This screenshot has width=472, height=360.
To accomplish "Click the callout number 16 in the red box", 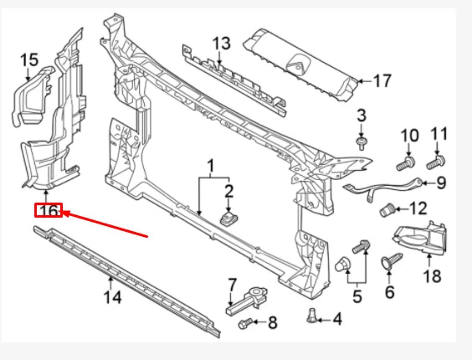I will (48, 212).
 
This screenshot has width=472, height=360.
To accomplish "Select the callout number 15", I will (28, 60).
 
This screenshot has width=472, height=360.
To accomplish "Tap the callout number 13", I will (220, 43).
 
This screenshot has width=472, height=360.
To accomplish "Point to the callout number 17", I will (382, 81).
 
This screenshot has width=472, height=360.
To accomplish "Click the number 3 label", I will (362, 115).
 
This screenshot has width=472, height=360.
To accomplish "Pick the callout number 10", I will (408, 135).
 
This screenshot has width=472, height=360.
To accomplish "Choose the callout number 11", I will (439, 134).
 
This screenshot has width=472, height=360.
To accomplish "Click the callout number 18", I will (431, 275).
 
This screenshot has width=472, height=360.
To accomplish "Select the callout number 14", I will (112, 296).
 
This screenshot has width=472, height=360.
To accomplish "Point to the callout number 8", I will (270, 321).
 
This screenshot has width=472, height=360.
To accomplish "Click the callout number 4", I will (337, 318).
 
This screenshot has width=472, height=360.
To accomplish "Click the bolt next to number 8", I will (245, 321).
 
